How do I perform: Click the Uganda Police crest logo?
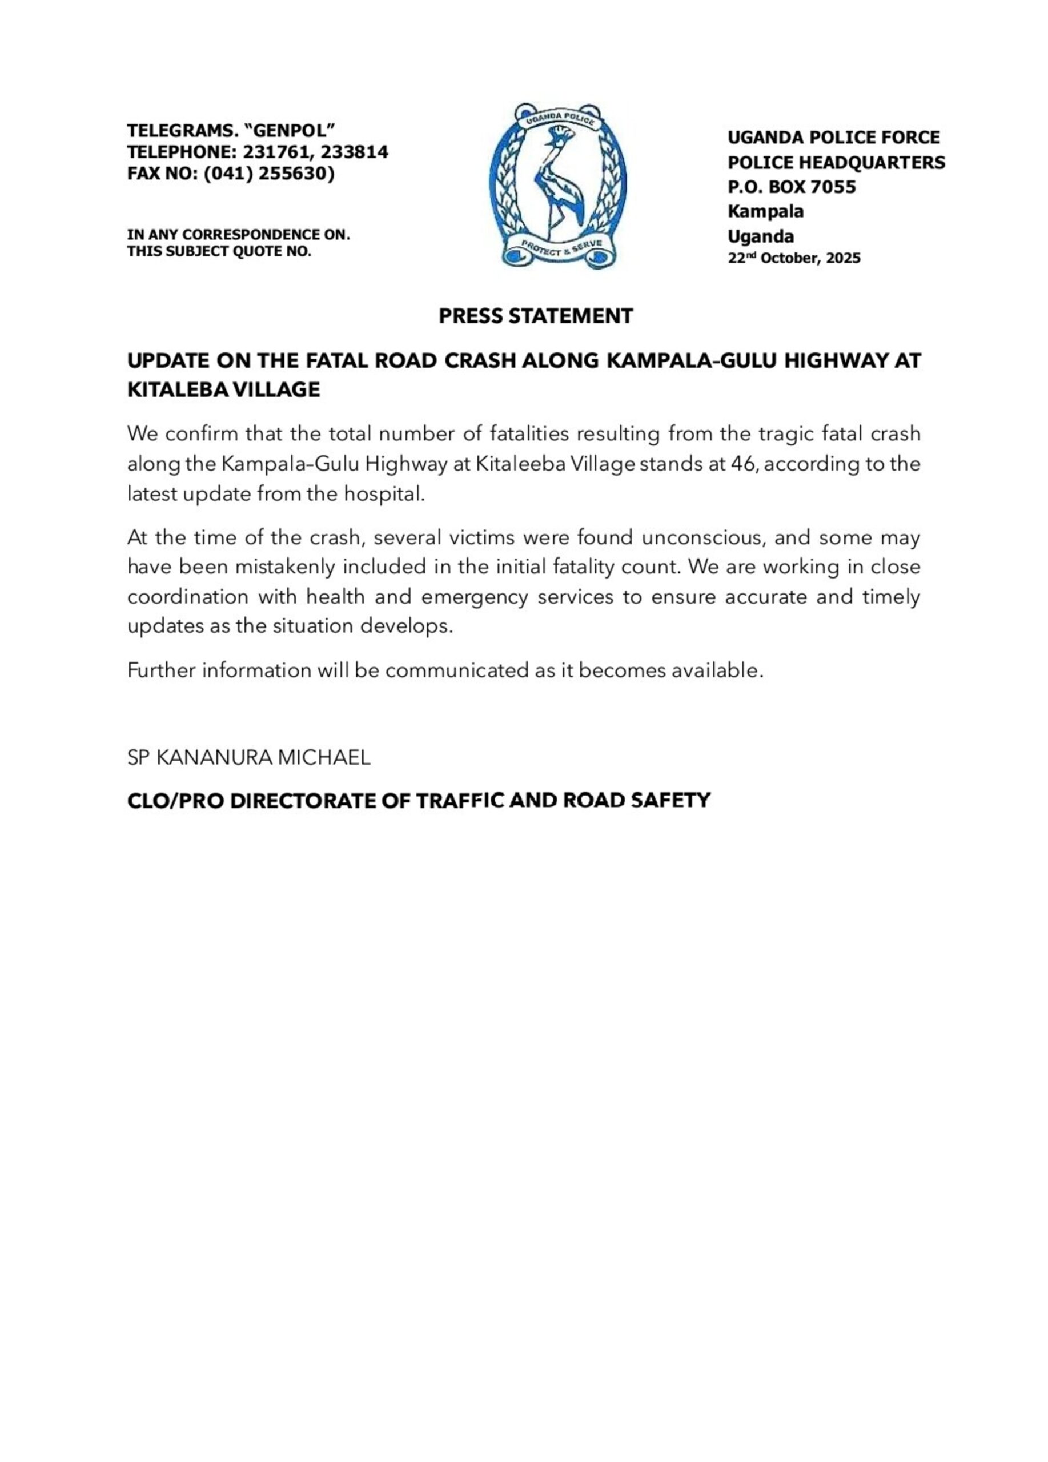(x=557, y=185)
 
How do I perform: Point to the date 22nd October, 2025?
(x=793, y=258)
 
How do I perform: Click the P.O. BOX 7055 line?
(x=792, y=187)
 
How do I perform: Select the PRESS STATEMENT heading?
(x=536, y=316)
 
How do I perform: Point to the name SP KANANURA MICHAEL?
(x=249, y=757)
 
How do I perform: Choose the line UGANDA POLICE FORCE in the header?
(x=833, y=137)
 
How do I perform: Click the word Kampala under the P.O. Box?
(x=765, y=211)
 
